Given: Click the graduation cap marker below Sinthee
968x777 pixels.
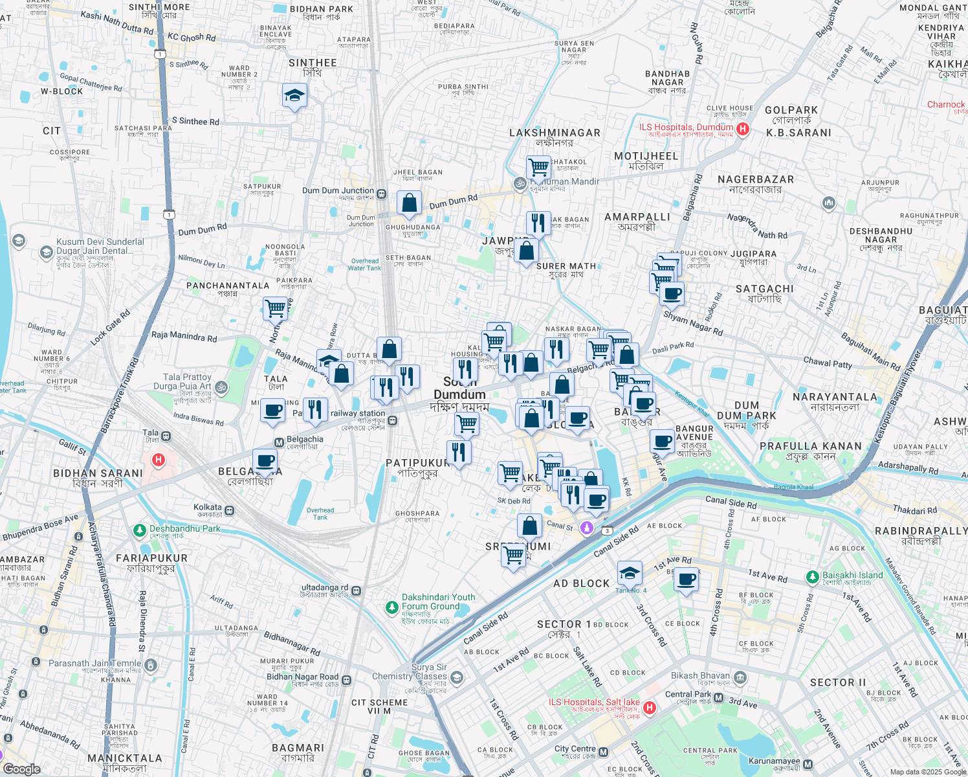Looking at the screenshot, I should pyautogui.click(x=294, y=96).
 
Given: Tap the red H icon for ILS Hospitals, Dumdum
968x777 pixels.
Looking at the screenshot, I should pyautogui.click(x=743, y=129).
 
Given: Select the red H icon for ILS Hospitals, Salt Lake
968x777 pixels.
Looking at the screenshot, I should pyautogui.click(x=650, y=708).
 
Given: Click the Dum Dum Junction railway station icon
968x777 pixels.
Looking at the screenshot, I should pyautogui.click(x=382, y=194).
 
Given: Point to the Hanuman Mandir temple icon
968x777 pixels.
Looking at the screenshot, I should pyautogui.click(x=519, y=184).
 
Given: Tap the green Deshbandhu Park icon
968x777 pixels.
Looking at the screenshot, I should pyautogui.click(x=139, y=530).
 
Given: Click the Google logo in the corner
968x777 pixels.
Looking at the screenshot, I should pyautogui.click(x=21, y=769).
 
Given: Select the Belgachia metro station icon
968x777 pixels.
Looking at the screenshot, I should pyautogui.click(x=279, y=443).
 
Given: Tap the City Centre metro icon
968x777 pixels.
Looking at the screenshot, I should pyautogui.click(x=604, y=752).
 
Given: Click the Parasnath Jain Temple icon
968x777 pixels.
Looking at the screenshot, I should pyautogui.click(x=150, y=665).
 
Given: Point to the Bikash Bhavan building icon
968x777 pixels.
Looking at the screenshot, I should pyautogui.click(x=740, y=678).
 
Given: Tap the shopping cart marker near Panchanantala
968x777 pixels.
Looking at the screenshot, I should pyautogui.click(x=275, y=308).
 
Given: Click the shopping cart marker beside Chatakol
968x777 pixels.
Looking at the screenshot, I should pyautogui.click(x=538, y=168).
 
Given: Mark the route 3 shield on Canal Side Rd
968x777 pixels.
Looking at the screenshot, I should pyautogui.click(x=607, y=531).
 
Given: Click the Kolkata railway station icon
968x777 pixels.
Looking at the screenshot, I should pyautogui.click(x=229, y=510).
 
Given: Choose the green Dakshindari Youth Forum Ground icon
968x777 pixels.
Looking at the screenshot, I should pyautogui.click(x=391, y=607).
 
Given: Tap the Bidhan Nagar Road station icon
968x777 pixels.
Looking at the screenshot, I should pyautogui.click(x=347, y=680).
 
